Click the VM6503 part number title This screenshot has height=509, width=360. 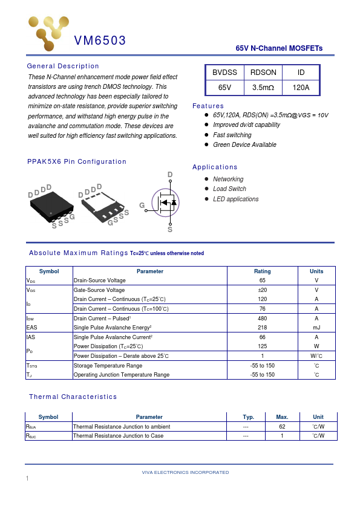point(100,41)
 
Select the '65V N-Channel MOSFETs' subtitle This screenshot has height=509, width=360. point(279,48)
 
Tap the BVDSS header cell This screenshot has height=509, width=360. point(224,73)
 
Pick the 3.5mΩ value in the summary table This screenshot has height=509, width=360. point(263,88)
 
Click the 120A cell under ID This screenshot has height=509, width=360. point(301,88)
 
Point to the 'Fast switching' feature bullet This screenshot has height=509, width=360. point(232,135)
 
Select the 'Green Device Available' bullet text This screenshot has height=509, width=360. point(244,145)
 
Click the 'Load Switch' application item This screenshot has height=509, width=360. point(229,189)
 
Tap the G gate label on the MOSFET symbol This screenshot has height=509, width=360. point(142,206)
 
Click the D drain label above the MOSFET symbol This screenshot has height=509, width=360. point(170,175)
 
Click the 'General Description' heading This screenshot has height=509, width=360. point(63,66)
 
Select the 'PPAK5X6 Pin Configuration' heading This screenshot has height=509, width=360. point(77,161)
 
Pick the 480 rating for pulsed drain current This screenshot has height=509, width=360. point(263,318)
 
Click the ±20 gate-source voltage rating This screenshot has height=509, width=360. point(263,290)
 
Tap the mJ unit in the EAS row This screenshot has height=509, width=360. point(316,327)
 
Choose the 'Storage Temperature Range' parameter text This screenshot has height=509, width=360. point(108,366)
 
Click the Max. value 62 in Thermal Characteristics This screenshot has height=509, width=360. point(282,426)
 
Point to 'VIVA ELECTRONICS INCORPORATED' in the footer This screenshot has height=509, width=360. point(185,472)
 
